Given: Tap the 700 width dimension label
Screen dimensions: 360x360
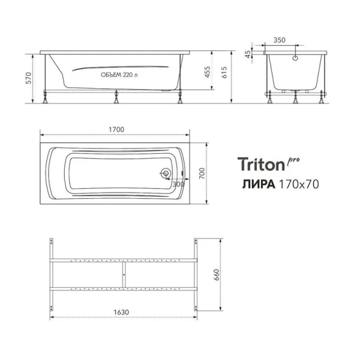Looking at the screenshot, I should [203, 173].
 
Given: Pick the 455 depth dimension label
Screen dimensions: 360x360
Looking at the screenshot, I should [207, 74].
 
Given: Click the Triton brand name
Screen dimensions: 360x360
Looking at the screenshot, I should [262, 164].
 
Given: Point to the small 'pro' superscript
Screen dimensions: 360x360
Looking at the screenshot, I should [293, 158].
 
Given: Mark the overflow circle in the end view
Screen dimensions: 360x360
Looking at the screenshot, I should [295, 58].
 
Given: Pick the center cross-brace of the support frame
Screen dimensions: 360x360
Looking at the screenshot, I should [123, 275].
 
